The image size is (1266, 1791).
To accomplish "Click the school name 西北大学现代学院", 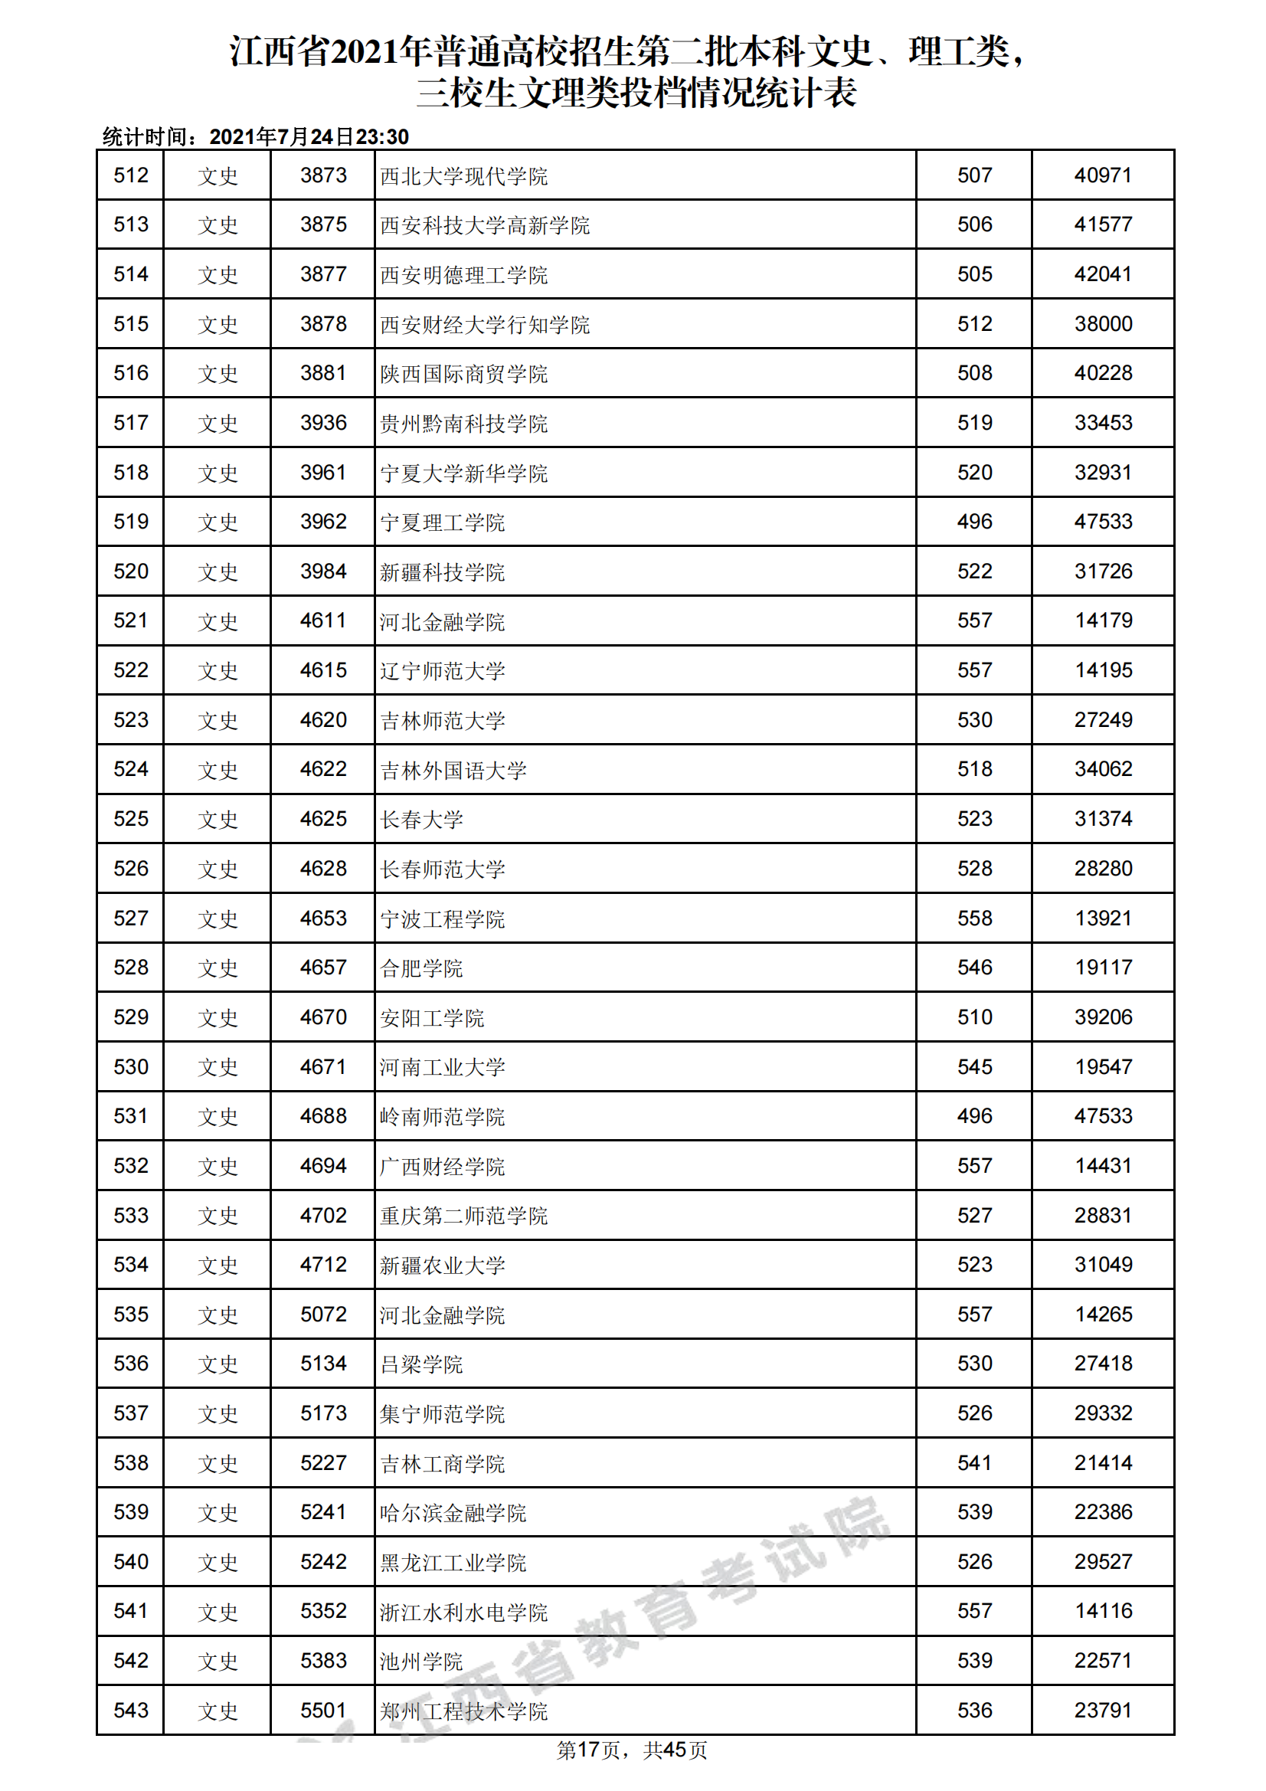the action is [x=463, y=176].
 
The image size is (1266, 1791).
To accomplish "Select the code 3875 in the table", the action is [x=323, y=224].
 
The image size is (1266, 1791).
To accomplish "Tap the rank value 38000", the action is [x=1102, y=324].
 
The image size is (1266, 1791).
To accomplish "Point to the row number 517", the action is [x=130, y=423].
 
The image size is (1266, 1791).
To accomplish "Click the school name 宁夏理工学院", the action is [x=442, y=522].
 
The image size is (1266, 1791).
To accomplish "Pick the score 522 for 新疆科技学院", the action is [x=974, y=571].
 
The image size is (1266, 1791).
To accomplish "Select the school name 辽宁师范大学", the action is [x=442, y=671].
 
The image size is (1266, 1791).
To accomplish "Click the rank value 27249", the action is [x=1102, y=720].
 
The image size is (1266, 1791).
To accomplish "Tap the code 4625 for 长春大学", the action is [x=323, y=819].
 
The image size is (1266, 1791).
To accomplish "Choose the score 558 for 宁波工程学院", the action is [x=974, y=918].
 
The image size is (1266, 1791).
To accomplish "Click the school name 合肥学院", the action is [x=421, y=968].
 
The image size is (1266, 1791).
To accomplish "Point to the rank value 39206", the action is [x=1102, y=1017].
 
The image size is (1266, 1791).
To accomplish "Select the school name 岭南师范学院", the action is [x=442, y=1117].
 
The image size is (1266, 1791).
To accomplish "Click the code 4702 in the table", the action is [x=323, y=1215].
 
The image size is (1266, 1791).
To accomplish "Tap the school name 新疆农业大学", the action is [x=442, y=1265].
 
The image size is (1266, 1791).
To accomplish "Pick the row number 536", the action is [x=130, y=1364].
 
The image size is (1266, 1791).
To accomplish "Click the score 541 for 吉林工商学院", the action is [x=974, y=1462].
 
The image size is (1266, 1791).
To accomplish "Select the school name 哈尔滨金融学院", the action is [x=453, y=1512].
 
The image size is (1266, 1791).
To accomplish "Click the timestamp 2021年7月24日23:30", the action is [x=309, y=137].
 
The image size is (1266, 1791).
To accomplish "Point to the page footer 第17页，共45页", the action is [x=632, y=1750].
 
